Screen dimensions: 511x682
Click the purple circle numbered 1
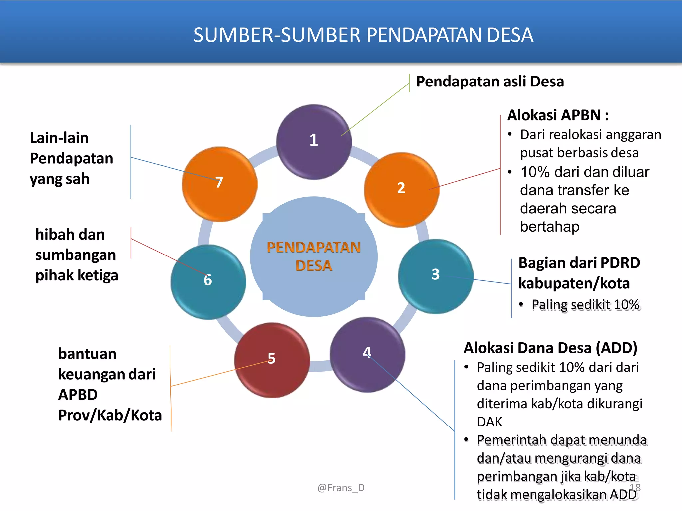click(x=314, y=142)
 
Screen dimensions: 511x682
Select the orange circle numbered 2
click(x=401, y=190)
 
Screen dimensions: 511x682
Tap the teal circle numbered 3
click(x=435, y=276)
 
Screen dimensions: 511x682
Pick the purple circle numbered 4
click(x=367, y=355)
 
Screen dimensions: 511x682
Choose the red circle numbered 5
click(x=272, y=360)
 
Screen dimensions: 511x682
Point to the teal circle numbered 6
click(x=208, y=282)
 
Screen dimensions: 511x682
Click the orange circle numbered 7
click(x=219, y=184)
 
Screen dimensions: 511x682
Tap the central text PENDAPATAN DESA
click(x=314, y=256)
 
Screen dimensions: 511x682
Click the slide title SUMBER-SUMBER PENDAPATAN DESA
click(x=363, y=35)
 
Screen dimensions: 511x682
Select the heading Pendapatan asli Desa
click(x=490, y=82)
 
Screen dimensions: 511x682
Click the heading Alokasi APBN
click(x=558, y=115)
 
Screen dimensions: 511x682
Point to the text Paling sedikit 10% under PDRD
click(x=585, y=305)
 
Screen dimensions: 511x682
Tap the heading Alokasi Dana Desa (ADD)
click(x=550, y=348)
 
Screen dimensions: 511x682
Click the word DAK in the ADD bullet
click(x=489, y=422)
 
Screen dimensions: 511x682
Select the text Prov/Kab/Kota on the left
click(x=110, y=415)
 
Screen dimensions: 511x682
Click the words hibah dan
click(x=70, y=235)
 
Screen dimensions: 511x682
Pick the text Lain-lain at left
click(x=59, y=138)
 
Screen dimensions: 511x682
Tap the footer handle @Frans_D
click(x=341, y=488)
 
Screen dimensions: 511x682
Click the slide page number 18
click(x=635, y=488)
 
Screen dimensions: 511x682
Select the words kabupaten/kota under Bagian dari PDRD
click(x=574, y=283)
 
